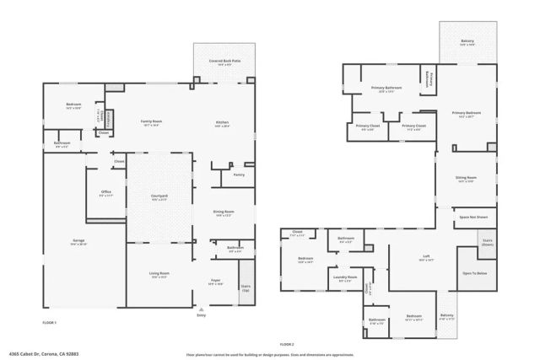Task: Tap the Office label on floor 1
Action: click(106, 193)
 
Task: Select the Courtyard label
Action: click(159, 196)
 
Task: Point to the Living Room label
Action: click(159, 275)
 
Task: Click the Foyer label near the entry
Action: click(215, 282)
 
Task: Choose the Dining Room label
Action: click(224, 213)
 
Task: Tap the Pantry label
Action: click(239, 175)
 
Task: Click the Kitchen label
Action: click(222, 123)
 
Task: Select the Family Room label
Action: click(151, 123)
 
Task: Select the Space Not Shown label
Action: click(473, 218)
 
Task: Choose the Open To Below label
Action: click(474, 273)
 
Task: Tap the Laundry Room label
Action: click(346, 277)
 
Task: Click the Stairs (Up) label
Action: click(245, 287)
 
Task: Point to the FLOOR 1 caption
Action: click(50, 323)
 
